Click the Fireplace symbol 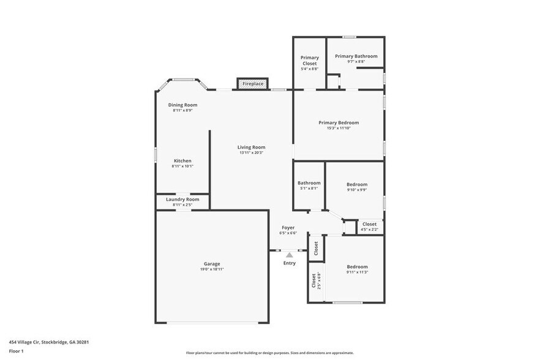tap(253, 83)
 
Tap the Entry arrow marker tap(290, 255)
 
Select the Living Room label tap(252, 147)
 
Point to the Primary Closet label tap(310, 61)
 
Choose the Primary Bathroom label tap(356, 56)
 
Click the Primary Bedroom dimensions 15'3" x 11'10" tap(339, 128)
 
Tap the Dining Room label tap(182, 105)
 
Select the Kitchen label tap(182, 161)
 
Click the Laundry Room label tap(182, 199)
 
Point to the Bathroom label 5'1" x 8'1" tap(309, 183)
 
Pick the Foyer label tap(288, 228)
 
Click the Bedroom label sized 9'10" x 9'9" tap(357, 184)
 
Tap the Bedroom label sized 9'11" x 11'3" tap(357, 266)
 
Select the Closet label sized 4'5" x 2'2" tap(370, 224)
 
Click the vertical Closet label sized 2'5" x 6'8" tap(314, 281)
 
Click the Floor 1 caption tap(17, 351)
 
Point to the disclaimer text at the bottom tap(269, 353)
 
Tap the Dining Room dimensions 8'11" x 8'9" tap(182, 110)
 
